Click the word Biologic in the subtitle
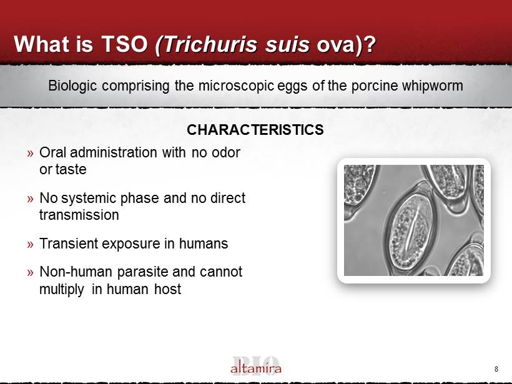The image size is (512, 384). tap(72, 86)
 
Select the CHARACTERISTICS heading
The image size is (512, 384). tap(255, 130)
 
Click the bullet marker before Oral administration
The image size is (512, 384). tap(31, 153)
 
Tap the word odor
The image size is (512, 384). tap(226, 152)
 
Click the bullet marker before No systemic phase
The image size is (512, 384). tap(31, 199)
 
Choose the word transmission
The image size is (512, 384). tap(79, 215)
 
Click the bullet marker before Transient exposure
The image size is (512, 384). tap(31, 244)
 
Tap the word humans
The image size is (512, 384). tap(204, 244)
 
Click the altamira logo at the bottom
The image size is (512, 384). tap(255, 367)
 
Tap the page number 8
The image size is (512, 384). tap(496, 369)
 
